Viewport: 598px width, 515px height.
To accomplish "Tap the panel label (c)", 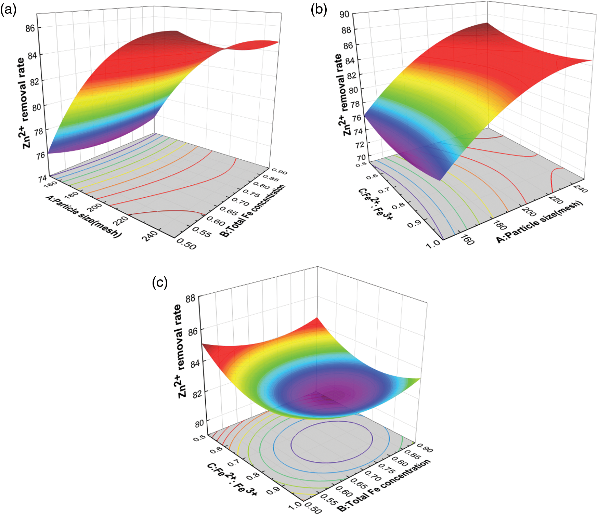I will pyautogui.click(x=160, y=283).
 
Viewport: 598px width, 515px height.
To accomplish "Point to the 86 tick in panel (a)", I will pyautogui.click(x=30, y=28).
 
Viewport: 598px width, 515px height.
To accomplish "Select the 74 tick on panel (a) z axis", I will pyautogui.click(x=42, y=179).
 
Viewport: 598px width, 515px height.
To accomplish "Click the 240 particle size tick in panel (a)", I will pyautogui.click(x=151, y=236).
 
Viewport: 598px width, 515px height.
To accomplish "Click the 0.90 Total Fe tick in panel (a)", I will pyautogui.click(x=279, y=171).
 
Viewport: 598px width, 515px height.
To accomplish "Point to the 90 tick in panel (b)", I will pyautogui.click(x=344, y=14).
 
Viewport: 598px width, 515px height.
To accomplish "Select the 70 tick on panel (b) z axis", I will pyautogui.click(x=361, y=158).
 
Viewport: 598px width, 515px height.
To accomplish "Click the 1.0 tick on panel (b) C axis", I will pyautogui.click(x=433, y=243).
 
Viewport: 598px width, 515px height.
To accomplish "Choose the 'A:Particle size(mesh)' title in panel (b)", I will pyautogui.click(x=539, y=222).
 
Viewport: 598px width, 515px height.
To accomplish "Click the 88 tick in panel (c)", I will pyautogui.click(x=190, y=298).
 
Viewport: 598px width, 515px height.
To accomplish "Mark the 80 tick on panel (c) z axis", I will pyautogui.click(x=199, y=424).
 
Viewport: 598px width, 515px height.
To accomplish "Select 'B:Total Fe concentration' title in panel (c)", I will pyautogui.click(x=384, y=486).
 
